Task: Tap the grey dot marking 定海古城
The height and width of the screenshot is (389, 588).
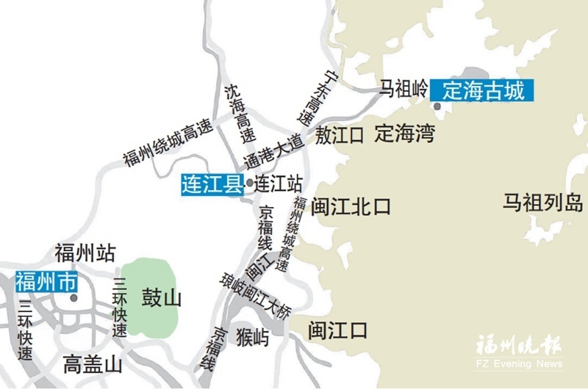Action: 438,107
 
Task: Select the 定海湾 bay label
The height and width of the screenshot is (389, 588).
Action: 404,134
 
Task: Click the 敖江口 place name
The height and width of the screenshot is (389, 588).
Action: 341,135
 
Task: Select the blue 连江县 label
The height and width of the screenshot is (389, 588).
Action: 212,183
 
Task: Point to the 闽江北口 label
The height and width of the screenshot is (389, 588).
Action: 351,206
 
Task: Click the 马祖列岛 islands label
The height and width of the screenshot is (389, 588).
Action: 542,202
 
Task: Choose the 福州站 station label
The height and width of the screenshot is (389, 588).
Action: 85,254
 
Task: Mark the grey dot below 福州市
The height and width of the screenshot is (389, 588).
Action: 73,298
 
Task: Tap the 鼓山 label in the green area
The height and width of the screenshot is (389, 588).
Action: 161,298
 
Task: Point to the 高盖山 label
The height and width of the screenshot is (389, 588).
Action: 92,363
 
